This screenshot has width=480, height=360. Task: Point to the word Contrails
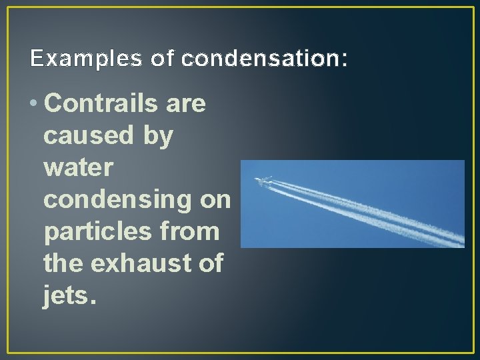click(101, 105)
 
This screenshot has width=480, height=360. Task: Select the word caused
click(86, 136)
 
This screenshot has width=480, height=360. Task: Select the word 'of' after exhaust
click(210, 263)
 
